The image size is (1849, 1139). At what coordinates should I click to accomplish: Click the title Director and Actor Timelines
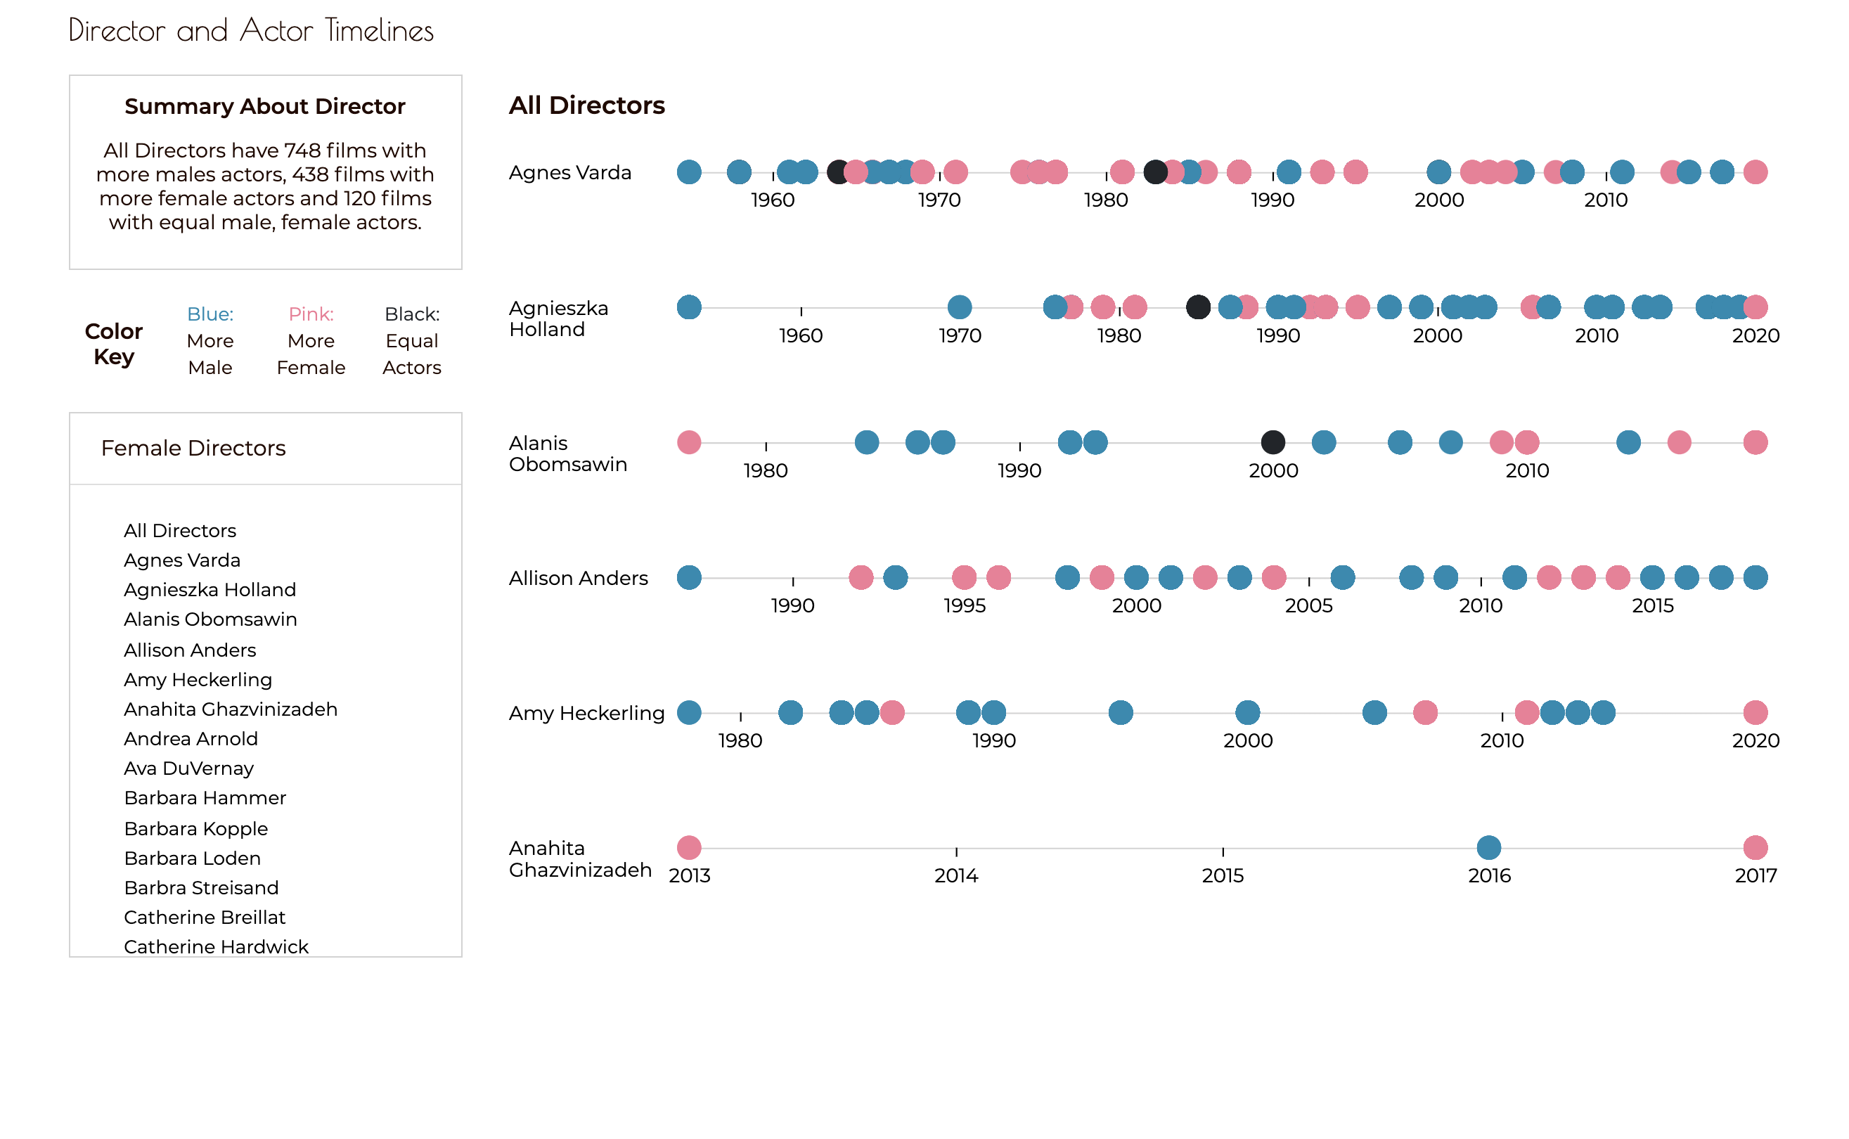(251, 31)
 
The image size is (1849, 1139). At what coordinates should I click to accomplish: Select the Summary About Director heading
(265, 106)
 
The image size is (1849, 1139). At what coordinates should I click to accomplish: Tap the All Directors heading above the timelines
(587, 105)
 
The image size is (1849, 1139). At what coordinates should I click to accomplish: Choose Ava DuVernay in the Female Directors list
(188, 768)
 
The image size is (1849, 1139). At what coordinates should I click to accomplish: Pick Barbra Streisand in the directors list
(201, 887)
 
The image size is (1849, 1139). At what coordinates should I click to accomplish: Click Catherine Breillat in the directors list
(204, 917)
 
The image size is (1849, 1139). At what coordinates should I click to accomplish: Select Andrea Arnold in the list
(191, 738)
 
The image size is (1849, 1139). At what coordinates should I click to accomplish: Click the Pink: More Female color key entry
(311, 340)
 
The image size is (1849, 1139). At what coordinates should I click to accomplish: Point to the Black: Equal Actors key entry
(412, 340)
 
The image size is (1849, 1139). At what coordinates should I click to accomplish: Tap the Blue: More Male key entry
(210, 340)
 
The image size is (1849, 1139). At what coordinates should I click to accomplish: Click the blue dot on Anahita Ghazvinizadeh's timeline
(1489, 847)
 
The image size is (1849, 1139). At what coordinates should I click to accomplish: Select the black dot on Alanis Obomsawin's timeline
(1273, 442)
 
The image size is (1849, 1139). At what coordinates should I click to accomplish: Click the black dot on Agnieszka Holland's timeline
(1198, 307)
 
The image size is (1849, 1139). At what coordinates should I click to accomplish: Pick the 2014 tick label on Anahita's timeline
(957, 875)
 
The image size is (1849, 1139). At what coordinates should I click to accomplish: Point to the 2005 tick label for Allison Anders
(1309, 605)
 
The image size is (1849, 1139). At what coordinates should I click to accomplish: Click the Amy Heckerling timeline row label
(587, 713)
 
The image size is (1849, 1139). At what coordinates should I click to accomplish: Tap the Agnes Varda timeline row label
(570, 172)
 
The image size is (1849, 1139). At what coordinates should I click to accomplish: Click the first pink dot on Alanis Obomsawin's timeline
(689, 442)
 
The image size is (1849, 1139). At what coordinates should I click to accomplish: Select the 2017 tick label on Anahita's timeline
(1755, 875)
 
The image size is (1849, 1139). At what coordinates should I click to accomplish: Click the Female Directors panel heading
(193, 449)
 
